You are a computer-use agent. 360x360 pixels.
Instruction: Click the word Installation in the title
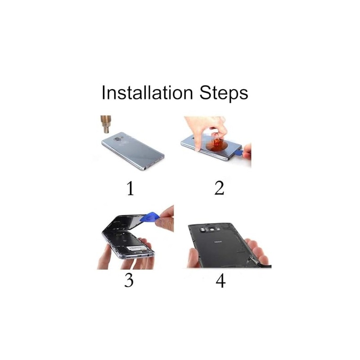147,92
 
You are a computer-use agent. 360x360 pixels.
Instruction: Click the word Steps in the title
224,93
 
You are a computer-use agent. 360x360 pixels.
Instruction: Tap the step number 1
130,188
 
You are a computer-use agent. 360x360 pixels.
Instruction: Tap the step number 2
219,188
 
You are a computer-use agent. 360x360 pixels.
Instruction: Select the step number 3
129,280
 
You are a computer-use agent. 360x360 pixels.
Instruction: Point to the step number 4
220,280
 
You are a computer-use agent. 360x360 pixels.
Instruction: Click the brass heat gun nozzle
106,125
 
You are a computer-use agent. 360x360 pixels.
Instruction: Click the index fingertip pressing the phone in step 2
197,147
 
